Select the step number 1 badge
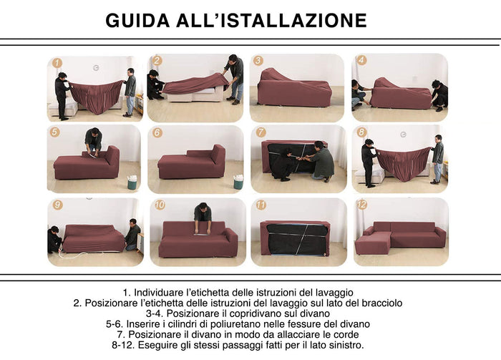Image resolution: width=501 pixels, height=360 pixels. (x=57, y=63)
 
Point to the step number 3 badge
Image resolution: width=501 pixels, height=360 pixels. (x=258, y=61)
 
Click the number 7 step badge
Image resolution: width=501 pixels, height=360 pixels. (x=261, y=132)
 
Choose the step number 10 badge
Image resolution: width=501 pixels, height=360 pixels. (x=159, y=205)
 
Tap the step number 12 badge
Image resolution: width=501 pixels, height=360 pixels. (x=361, y=205)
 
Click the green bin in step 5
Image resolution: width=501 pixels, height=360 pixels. (x=132, y=183)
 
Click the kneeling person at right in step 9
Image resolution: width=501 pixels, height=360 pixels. (x=132, y=235)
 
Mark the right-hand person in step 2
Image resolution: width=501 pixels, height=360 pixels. (x=236, y=77)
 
